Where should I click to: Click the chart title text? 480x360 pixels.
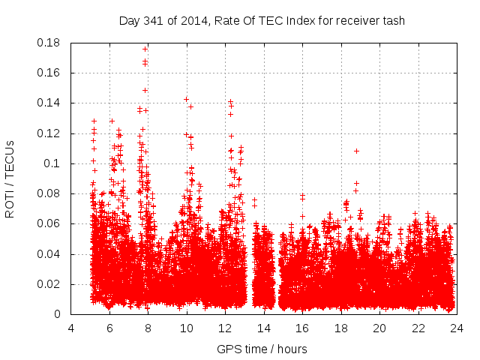(x=262, y=20)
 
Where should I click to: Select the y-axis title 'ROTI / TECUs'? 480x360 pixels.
(x=10, y=178)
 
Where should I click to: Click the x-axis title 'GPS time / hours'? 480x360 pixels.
(x=262, y=349)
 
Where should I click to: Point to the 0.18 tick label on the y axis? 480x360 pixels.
(x=50, y=43)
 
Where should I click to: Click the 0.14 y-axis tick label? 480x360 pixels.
(x=50, y=103)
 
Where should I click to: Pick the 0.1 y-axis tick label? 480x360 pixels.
(x=55, y=163)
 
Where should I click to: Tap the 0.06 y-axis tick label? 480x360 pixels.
(x=50, y=223)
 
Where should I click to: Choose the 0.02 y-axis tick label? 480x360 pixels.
(x=50, y=284)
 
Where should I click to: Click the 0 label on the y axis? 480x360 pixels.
(x=60, y=314)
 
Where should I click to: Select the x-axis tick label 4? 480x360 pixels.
(x=71, y=328)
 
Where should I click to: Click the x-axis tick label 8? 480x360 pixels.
(x=148, y=328)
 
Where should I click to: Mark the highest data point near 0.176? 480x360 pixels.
(x=145, y=49)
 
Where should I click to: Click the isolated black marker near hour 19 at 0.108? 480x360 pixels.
(x=357, y=151)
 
